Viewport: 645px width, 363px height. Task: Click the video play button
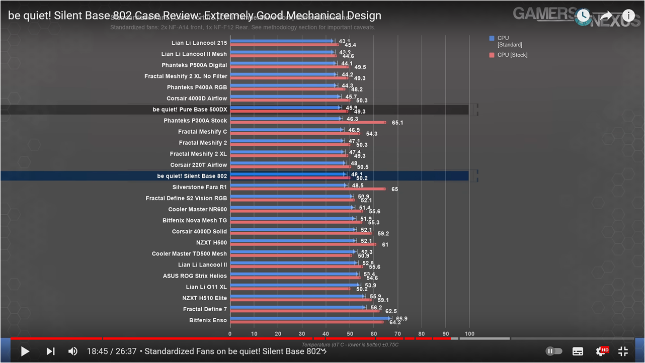coord(25,351)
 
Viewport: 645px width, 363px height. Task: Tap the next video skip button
coord(51,351)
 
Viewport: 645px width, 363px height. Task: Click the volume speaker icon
coord(73,351)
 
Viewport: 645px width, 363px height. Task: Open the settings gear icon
coord(601,351)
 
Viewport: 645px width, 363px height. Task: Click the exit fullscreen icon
coord(623,351)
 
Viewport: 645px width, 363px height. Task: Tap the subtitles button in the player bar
coord(578,351)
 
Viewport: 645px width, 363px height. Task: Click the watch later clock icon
coord(583,16)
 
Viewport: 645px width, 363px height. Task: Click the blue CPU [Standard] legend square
coord(492,38)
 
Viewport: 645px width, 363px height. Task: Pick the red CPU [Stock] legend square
coord(492,55)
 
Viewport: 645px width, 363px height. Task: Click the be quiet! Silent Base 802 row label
coord(192,176)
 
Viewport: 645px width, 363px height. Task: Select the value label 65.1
coord(397,123)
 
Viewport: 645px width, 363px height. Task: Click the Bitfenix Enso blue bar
coord(310,318)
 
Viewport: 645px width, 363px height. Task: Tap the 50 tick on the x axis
coord(350,333)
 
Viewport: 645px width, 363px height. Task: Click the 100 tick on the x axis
coord(469,333)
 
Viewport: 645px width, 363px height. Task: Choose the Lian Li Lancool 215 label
coord(199,43)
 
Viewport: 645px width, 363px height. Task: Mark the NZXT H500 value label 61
coord(385,244)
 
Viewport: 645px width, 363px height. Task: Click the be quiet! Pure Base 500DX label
coord(190,110)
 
